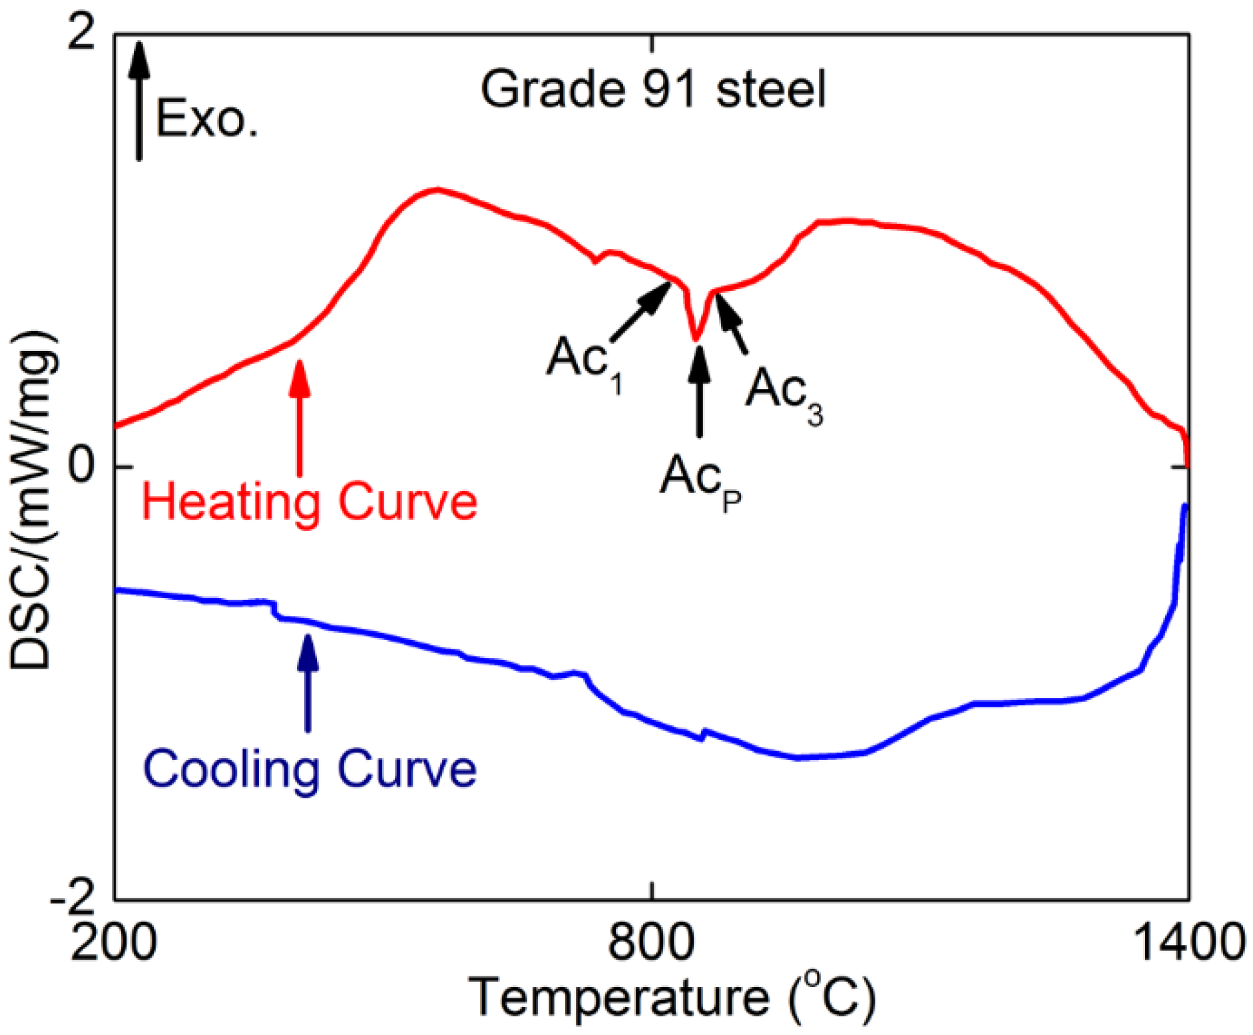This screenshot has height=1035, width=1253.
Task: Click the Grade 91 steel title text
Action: coord(652,90)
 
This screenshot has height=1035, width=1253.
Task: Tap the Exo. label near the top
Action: coord(206,119)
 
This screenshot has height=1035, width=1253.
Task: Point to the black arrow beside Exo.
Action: coord(138,100)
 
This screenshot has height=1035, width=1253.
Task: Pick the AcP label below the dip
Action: coord(700,478)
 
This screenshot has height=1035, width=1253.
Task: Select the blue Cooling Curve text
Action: coord(310,769)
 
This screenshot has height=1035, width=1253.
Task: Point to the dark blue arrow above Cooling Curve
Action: coord(307,683)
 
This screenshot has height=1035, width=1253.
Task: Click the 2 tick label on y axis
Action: coord(83,33)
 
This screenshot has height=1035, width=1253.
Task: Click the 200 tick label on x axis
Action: coord(114,942)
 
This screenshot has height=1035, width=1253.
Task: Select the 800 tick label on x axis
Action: coord(652,942)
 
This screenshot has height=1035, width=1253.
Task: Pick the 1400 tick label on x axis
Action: coord(1188,942)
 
